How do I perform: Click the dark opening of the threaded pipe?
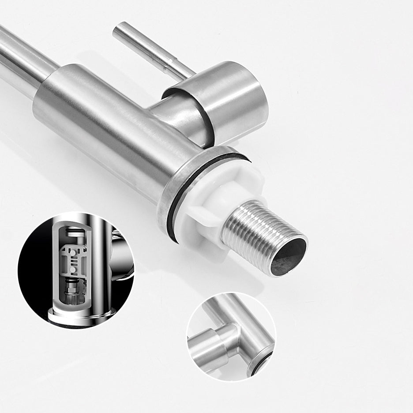(288, 257)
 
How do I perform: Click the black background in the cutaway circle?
(35, 274)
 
